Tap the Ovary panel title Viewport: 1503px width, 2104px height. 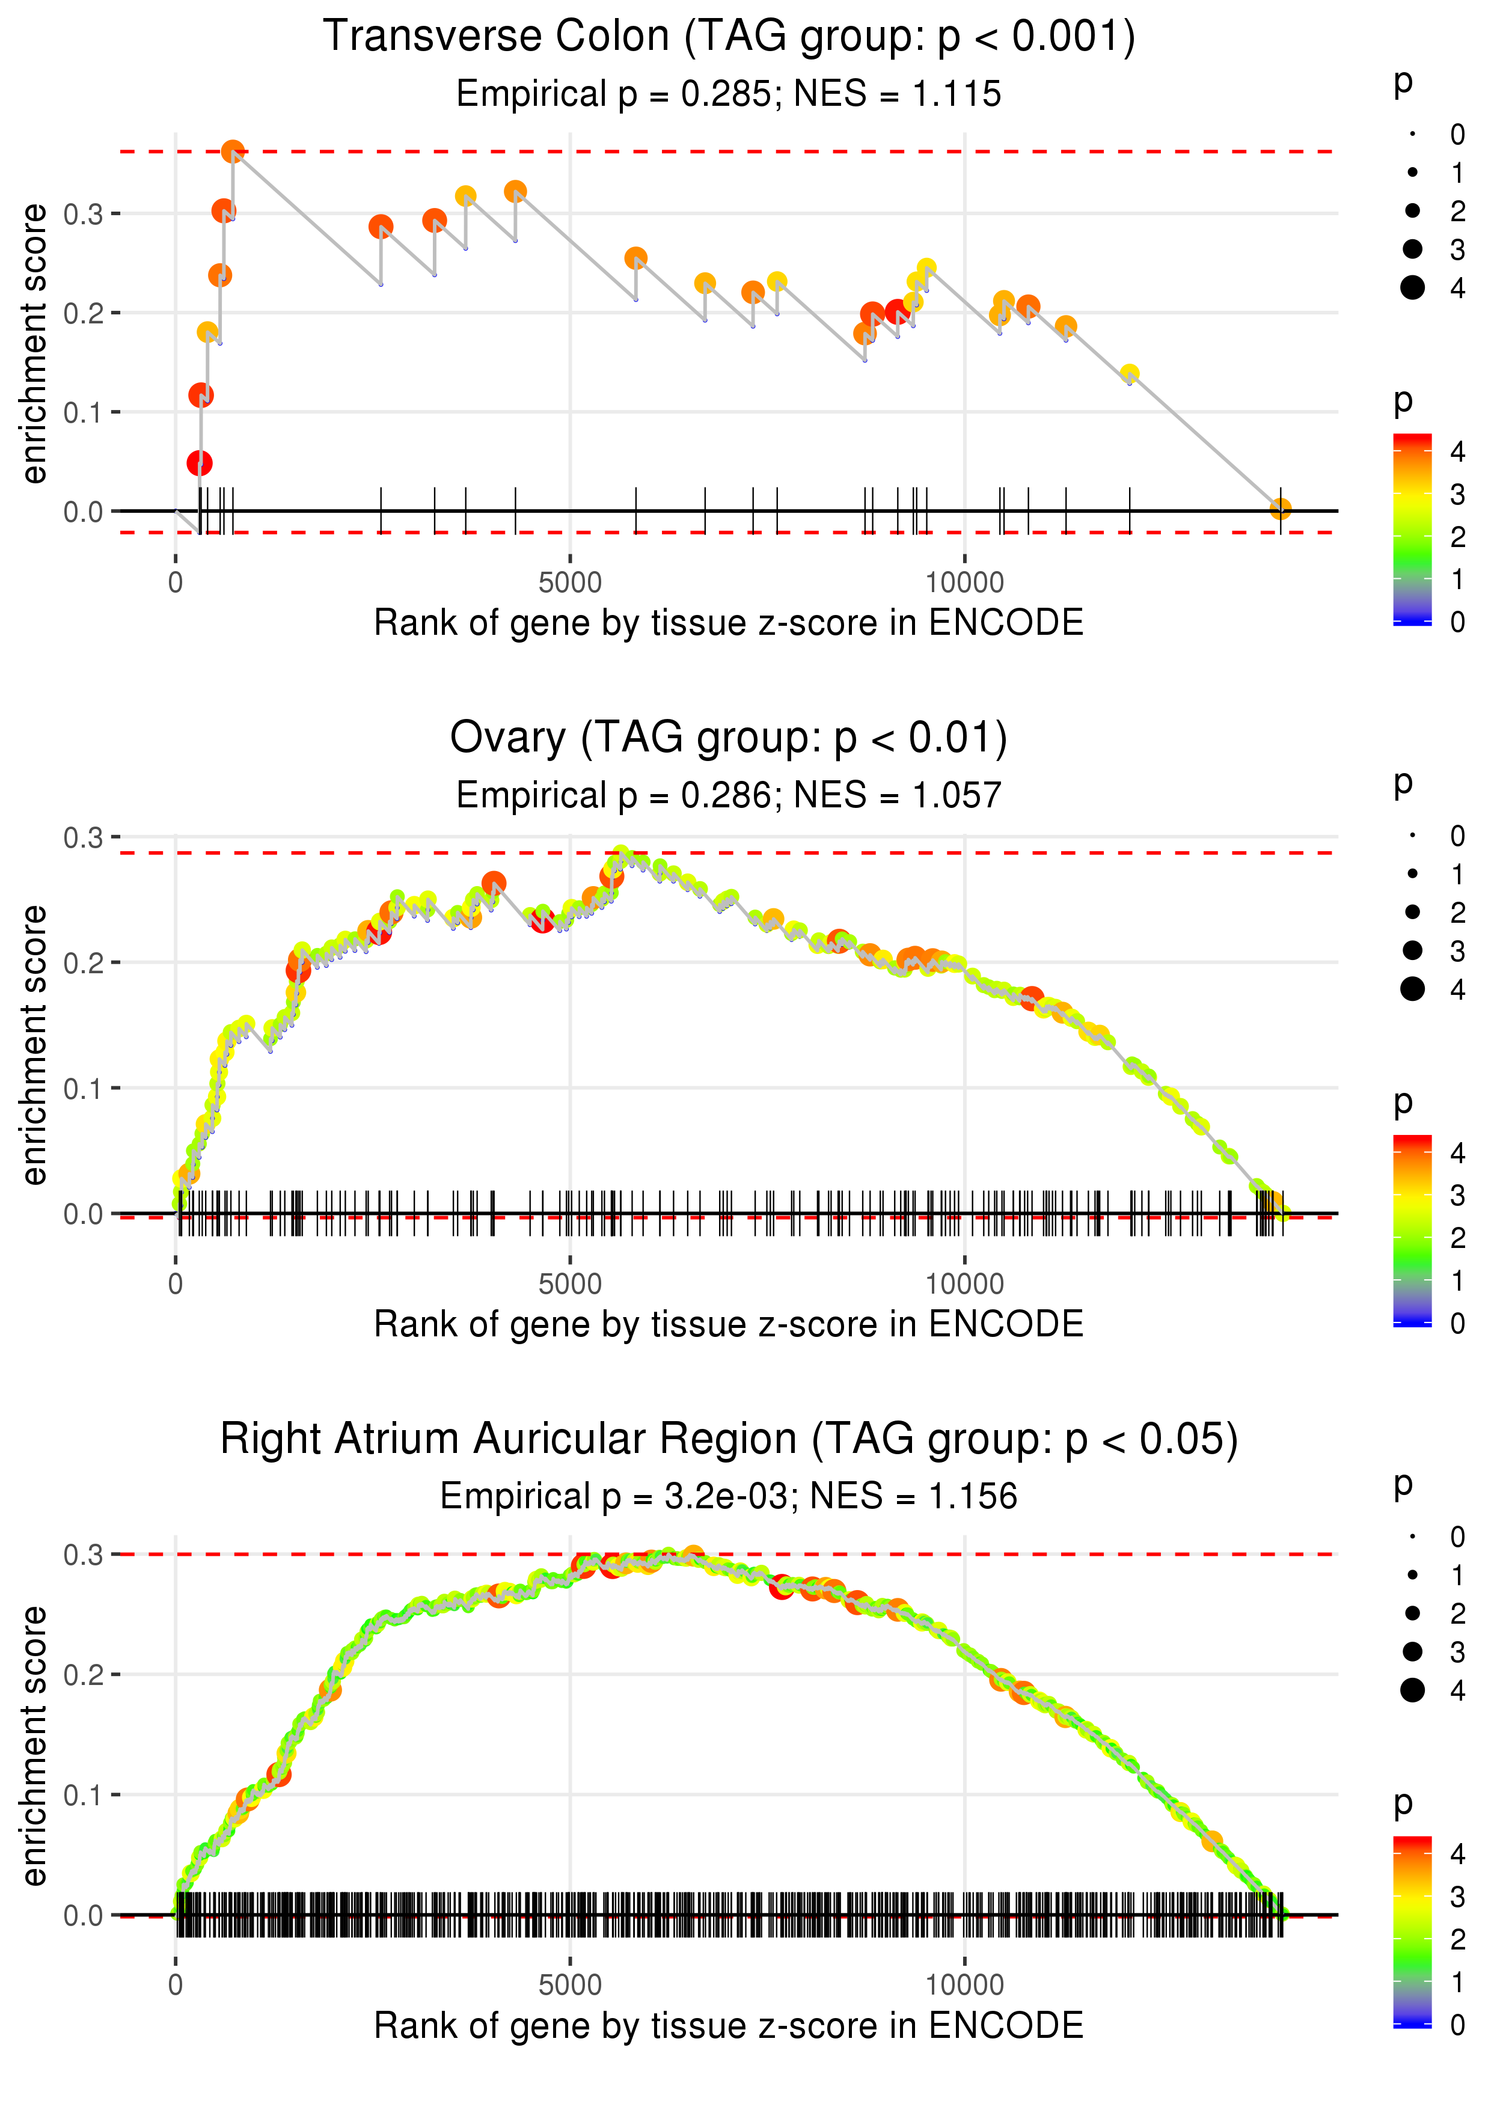tap(729, 738)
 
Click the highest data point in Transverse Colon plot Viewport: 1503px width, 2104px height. tap(233, 151)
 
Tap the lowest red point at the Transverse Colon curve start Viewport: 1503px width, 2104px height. tap(199, 463)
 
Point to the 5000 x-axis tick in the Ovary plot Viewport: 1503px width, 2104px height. tap(570, 1284)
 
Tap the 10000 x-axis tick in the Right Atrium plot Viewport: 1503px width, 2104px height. tap(964, 1986)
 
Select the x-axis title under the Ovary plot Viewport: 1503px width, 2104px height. tap(729, 1324)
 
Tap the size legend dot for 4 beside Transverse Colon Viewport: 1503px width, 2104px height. tap(1412, 288)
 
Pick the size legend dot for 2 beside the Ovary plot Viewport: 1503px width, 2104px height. tap(1412, 913)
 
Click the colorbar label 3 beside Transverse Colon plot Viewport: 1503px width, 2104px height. tap(1458, 495)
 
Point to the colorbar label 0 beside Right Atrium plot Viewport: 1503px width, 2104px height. tap(1458, 2025)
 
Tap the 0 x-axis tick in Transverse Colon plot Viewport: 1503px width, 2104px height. tap(176, 583)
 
